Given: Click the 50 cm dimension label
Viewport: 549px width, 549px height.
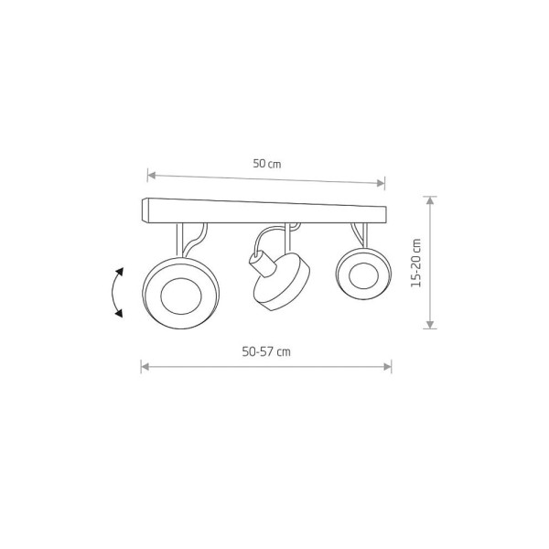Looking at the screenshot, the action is pos(267,164).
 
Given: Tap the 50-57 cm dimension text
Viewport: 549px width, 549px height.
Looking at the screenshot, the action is pos(266,351).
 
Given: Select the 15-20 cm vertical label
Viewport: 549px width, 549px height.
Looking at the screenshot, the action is pos(416,263).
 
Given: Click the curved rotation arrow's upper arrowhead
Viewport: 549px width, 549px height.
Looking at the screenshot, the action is pos(120,272).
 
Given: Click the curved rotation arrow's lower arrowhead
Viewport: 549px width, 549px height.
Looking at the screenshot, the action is pos(119,313).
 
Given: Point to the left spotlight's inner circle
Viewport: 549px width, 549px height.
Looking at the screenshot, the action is pos(181,296).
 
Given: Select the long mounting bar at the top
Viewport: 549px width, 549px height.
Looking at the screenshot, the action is pos(264,210).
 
